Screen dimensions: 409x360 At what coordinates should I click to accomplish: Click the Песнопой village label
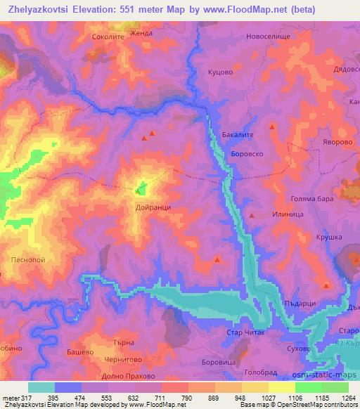coord(29,259)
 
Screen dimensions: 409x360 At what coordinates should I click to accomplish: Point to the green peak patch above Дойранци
coord(141,188)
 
